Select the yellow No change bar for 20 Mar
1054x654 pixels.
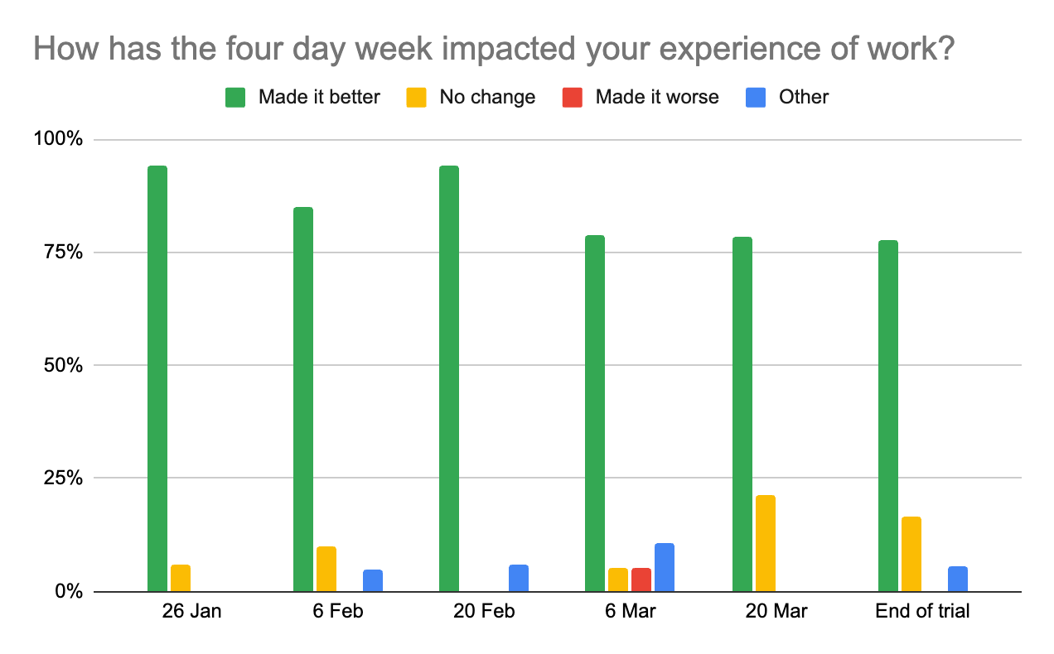click(766, 543)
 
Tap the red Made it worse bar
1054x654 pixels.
click(641, 579)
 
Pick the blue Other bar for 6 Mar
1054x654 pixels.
click(665, 567)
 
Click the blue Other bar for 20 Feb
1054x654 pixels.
click(519, 578)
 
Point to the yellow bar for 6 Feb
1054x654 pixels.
click(326, 569)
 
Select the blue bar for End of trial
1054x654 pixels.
click(958, 579)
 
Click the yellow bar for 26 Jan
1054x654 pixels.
click(181, 578)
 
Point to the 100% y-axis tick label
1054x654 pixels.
click(58, 139)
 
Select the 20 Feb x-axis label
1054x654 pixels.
click(484, 612)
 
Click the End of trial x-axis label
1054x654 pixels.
click(922, 612)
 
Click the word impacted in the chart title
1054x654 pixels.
click(520, 50)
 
